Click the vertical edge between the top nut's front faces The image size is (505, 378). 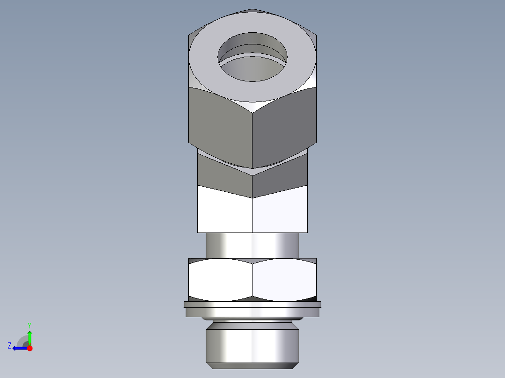(x=252, y=140)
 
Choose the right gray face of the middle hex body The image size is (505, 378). (x=281, y=180)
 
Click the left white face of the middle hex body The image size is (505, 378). (x=225, y=211)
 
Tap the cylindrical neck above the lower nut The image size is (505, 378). (x=252, y=245)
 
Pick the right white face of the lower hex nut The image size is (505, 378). (x=284, y=281)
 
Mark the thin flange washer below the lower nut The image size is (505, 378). (x=252, y=310)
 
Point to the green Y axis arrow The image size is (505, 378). (x=30, y=336)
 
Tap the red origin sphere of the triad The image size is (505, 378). (x=30, y=348)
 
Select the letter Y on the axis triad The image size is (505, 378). (x=29, y=325)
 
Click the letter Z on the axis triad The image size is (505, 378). (x=9, y=346)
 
